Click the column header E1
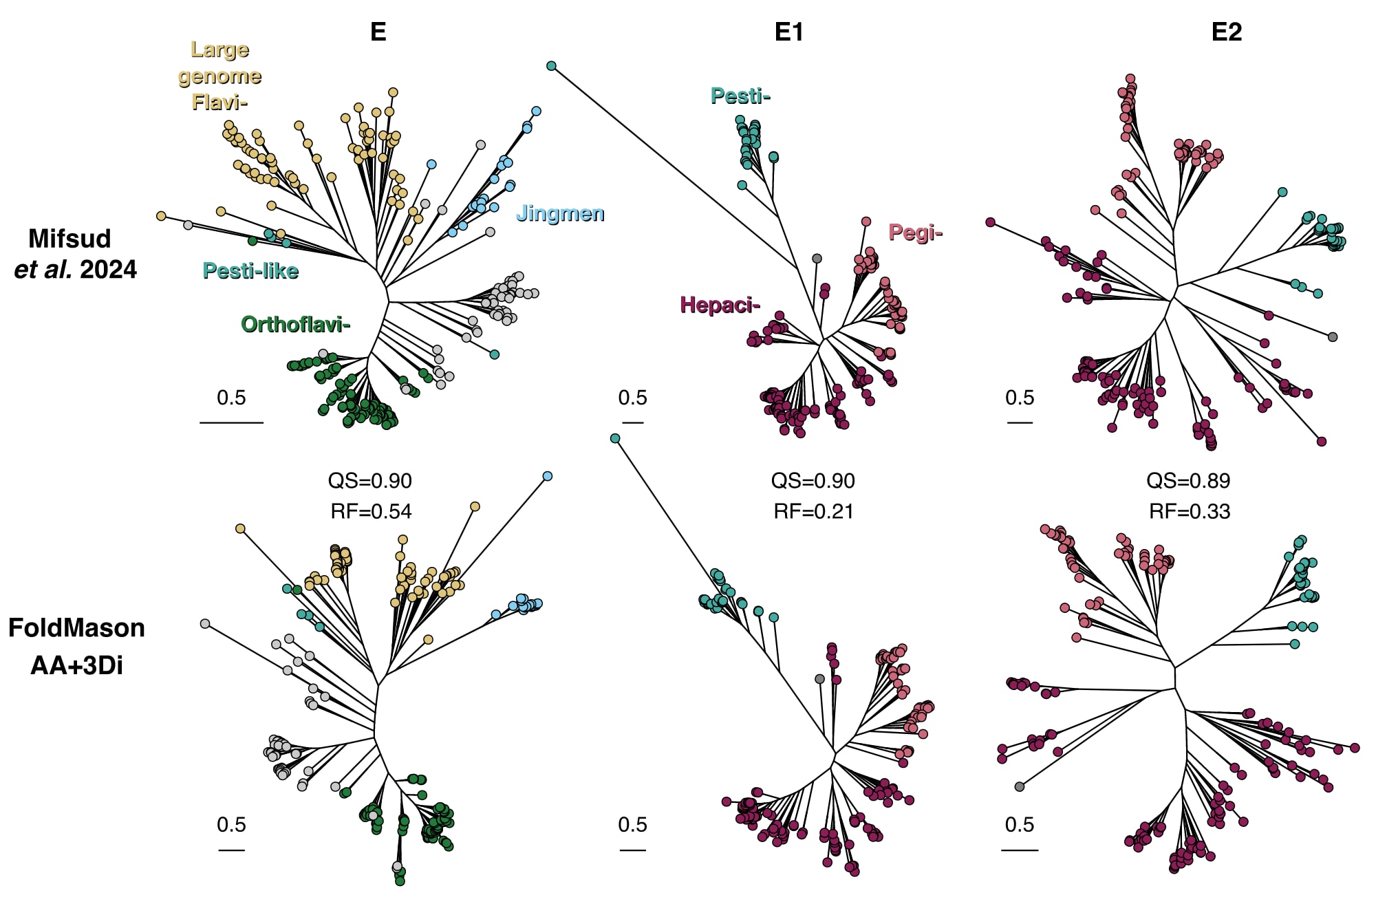click(788, 32)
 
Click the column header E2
click(1226, 32)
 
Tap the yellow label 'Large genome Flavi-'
click(219, 76)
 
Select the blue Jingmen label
click(560, 213)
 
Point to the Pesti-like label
click(250, 271)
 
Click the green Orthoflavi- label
click(296, 324)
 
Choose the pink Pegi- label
click(915, 233)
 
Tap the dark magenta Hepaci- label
click(720, 305)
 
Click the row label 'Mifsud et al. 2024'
click(75, 254)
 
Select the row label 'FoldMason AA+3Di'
click(76, 647)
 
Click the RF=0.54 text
click(371, 512)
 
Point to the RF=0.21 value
click(813, 512)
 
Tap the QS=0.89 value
click(1188, 481)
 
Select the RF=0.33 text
click(1190, 512)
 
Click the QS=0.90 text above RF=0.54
click(370, 481)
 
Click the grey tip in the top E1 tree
click(817, 259)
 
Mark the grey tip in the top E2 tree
click(1333, 337)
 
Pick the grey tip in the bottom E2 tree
click(1020, 786)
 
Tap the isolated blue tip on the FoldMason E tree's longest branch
click(548, 476)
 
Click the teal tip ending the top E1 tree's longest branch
click(551, 66)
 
